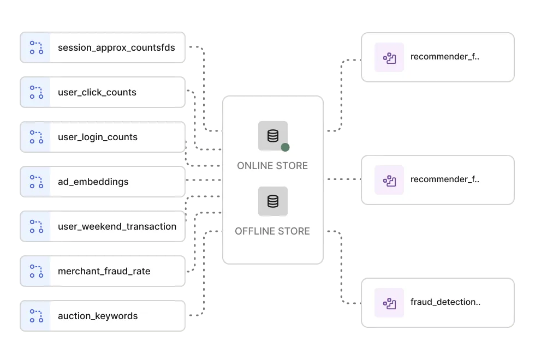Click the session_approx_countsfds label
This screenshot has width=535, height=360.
click(x=116, y=47)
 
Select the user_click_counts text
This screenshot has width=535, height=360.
click(x=97, y=92)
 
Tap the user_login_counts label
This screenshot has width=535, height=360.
click(x=98, y=137)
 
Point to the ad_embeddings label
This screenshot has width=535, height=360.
click(x=93, y=182)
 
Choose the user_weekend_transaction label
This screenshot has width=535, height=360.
click(x=117, y=226)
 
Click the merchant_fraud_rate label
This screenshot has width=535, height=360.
click(x=104, y=271)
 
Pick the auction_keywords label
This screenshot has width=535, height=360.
click(x=98, y=316)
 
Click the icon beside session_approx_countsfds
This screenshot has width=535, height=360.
click(x=36, y=47)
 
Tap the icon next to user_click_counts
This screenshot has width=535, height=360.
click(x=36, y=92)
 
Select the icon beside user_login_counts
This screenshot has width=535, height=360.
click(x=36, y=137)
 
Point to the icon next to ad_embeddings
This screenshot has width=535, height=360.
click(x=36, y=182)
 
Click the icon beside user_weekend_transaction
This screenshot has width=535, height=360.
click(x=36, y=226)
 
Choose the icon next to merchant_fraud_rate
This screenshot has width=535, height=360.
click(x=36, y=271)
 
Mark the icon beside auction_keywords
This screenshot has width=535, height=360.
click(x=36, y=316)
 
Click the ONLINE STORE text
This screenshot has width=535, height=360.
click(x=272, y=166)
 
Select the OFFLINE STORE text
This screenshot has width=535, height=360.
click(x=272, y=231)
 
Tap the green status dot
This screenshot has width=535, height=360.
click(x=285, y=147)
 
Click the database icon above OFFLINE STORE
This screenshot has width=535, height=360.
click(x=273, y=201)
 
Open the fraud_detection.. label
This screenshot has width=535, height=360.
click(x=445, y=302)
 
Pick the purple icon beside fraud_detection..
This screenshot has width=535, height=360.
click(x=389, y=303)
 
